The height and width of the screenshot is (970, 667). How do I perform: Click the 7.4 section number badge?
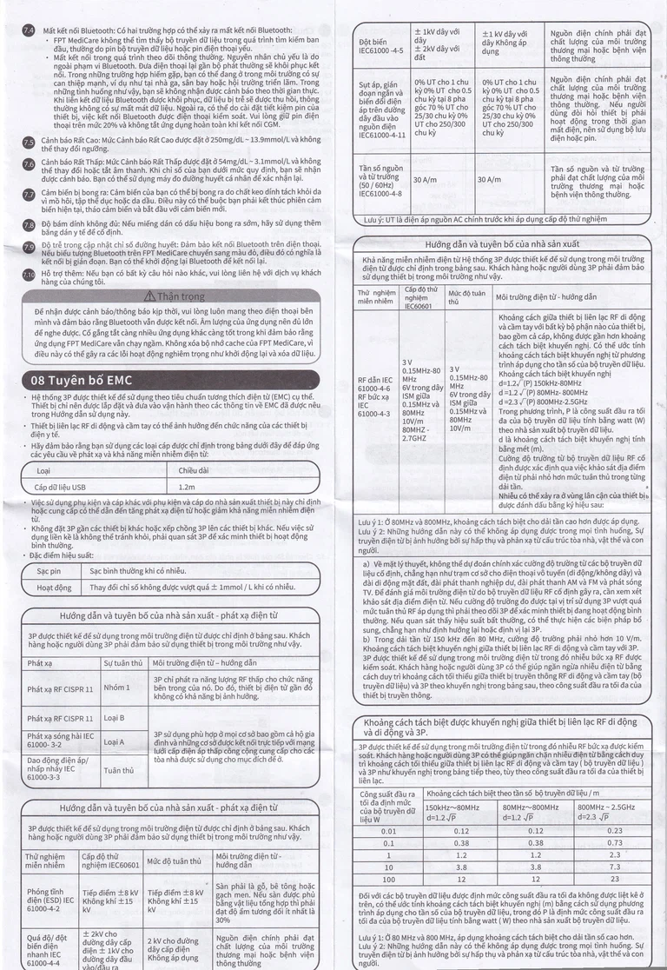(28, 30)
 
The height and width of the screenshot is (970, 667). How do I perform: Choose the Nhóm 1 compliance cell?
(116, 689)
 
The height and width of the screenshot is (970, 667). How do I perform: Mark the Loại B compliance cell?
(115, 718)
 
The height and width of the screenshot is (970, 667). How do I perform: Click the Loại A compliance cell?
(115, 741)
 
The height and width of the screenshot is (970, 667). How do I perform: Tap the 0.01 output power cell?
(388, 831)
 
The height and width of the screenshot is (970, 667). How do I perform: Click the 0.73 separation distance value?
(615, 842)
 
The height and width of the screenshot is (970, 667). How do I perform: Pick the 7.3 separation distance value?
(615, 867)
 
